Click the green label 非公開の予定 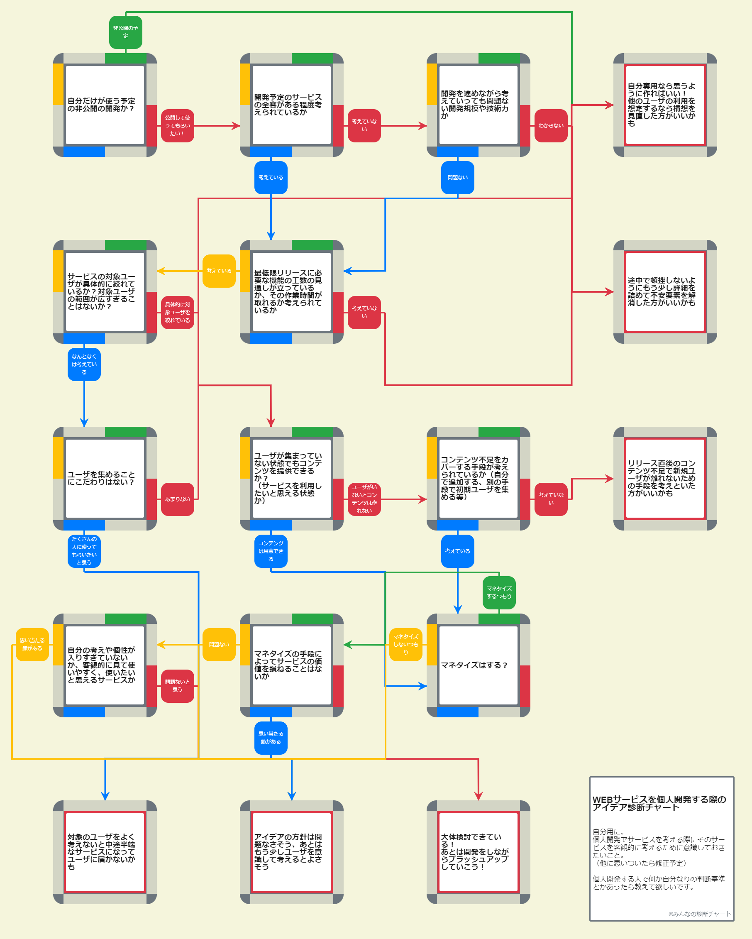[x=125, y=32]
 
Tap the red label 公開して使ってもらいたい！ [x=177, y=125]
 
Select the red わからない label [x=550, y=125]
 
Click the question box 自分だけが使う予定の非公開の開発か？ [x=105, y=105]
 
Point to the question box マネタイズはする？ [x=478, y=665]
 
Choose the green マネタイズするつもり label [x=499, y=592]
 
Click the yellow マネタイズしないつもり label [x=405, y=644]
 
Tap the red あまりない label [x=177, y=499]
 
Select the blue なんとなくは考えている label [x=84, y=364]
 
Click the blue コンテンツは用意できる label [x=271, y=551]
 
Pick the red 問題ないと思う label [x=177, y=685]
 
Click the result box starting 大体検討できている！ [x=478, y=852]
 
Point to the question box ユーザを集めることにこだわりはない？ [x=105, y=478]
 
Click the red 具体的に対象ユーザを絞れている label [x=177, y=312]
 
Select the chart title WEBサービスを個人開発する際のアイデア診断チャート [x=659, y=803]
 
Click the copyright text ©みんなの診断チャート [x=699, y=914]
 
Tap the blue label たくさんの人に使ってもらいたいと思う [x=84, y=551]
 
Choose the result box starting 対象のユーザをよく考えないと [x=105, y=852]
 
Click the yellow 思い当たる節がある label [x=32, y=644]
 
